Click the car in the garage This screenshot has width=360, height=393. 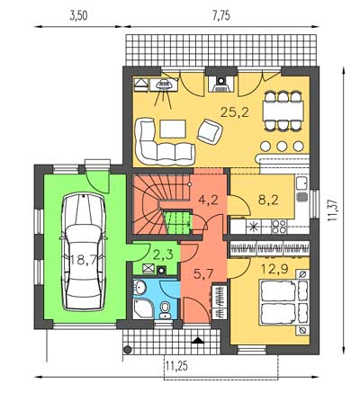point(84,253)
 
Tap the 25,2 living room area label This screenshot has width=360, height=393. point(235,112)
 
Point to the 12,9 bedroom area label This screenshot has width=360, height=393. point(274,269)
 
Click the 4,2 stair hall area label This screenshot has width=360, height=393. point(208,200)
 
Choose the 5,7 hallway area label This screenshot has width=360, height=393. point(203,273)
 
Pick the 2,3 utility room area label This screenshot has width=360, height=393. point(163,255)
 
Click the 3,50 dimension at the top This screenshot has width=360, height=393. point(78,16)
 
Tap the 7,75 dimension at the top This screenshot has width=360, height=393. point(221,16)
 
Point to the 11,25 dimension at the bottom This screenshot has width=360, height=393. point(177,366)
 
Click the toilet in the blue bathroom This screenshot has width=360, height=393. point(165,310)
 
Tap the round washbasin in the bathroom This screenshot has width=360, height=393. point(139,287)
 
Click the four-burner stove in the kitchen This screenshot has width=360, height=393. point(279,227)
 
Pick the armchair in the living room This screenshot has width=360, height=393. point(210,131)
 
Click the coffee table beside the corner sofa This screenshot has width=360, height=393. point(173,129)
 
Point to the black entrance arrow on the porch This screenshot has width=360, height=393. point(197,340)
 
